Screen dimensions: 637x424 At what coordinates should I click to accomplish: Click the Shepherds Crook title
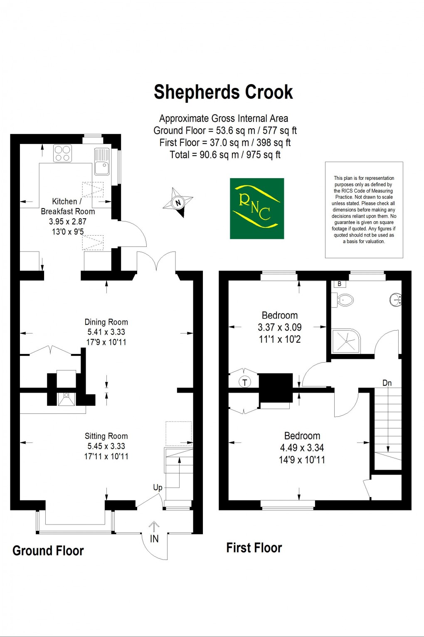[x=223, y=92]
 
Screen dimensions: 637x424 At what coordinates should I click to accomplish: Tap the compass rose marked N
[x=178, y=203]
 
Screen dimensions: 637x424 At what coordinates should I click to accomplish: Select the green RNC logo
[x=257, y=209]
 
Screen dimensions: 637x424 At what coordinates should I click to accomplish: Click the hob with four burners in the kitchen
[x=62, y=153]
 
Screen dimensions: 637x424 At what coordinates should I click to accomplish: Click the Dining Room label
[x=106, y=322]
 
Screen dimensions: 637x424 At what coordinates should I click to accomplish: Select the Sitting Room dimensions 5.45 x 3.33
[x=106, y=446]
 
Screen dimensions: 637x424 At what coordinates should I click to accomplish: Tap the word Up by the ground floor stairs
[x=158, y=488]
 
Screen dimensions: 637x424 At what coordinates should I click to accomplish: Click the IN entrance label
[x=154, y=539]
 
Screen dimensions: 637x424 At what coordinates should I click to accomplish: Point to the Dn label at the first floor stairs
[x=387, y=383]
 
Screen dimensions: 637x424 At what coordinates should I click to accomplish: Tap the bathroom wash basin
[x=395, y=299]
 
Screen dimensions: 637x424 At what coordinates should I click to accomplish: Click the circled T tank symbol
[x=245, y=382]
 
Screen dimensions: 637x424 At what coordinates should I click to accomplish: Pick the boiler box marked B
[x=340, y=284]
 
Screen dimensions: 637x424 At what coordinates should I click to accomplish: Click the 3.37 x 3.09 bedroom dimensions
[x=279, y=327]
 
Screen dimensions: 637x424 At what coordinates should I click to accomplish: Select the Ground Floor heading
[x=48, y=551]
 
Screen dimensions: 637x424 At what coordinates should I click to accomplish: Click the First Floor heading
[x=254, y=547]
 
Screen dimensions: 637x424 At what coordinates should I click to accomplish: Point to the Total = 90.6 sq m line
[x=225, y=155]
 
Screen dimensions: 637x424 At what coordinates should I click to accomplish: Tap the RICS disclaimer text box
[x=364, y=210]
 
